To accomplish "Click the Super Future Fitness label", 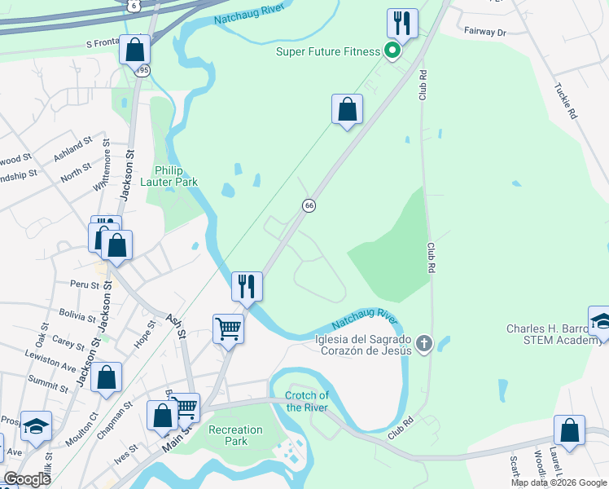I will [x=328, y=52].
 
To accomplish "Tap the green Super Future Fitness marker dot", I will [x=392, y=52].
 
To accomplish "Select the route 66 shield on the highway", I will [x=309, y=205].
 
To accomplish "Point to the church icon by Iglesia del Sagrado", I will [x=423, y=344].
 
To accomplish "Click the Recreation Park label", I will [x=236, y=435].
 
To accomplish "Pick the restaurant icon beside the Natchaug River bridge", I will [x=247, y=286].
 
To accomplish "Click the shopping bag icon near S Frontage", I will [x=135, y=50].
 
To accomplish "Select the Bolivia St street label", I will [x=78, y=315].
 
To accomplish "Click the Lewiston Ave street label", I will [x=59, y=360].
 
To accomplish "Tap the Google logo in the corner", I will [x=28, y=479].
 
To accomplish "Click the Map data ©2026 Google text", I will [x=559, y=482].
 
